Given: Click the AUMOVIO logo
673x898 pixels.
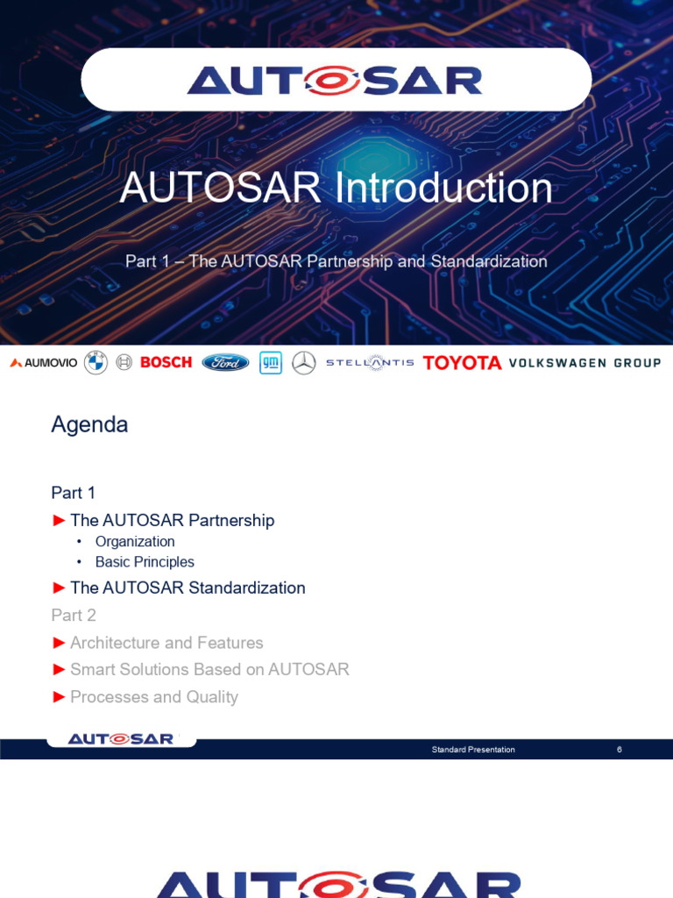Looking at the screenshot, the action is (44, 362).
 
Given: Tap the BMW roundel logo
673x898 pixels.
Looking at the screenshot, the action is (96, 362).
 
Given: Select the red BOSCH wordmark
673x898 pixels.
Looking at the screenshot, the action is (166, 362).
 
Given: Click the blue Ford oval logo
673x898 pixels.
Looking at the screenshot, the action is (225, 362).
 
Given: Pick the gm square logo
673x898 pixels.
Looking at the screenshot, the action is (271, 362).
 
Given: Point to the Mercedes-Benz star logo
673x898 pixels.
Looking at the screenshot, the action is (304, 362).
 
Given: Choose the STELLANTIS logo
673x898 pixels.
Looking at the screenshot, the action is (370, 362).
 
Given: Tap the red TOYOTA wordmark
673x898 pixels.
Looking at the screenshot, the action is (462, 363).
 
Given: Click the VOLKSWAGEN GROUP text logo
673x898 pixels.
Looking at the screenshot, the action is (584, 363).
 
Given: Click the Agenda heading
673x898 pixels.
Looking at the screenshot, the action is (89, 425).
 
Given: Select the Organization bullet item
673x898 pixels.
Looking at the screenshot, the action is (135, 542).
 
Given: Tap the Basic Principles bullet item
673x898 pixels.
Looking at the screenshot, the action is (145, 562).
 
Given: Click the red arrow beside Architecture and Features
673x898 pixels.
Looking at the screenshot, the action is (59, 643).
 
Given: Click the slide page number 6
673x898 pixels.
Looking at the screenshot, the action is (620, 750).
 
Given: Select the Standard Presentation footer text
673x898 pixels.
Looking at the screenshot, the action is (473, 750).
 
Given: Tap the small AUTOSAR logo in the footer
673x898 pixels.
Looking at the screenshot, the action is (121, 739).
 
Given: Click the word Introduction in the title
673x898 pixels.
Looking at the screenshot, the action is (443, 188).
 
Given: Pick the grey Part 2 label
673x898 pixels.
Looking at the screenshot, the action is (74, 615).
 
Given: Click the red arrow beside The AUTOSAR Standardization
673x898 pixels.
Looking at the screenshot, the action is (59, 588).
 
